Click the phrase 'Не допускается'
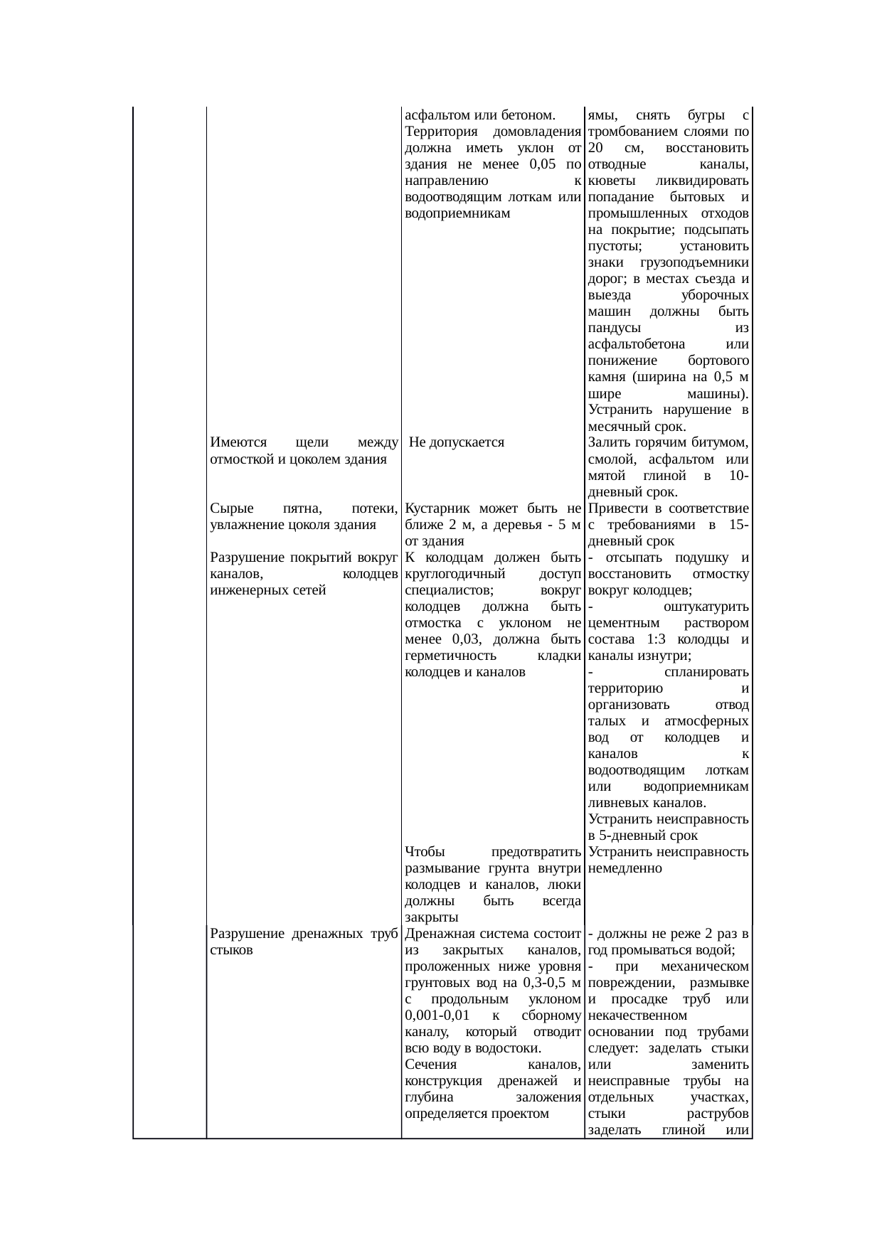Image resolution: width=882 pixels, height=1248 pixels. [457, 442]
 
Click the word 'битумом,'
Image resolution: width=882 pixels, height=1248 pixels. [721, 442]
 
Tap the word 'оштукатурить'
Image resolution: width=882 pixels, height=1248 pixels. [704, 607]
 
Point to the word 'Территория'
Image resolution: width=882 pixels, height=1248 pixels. [439, 132]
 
